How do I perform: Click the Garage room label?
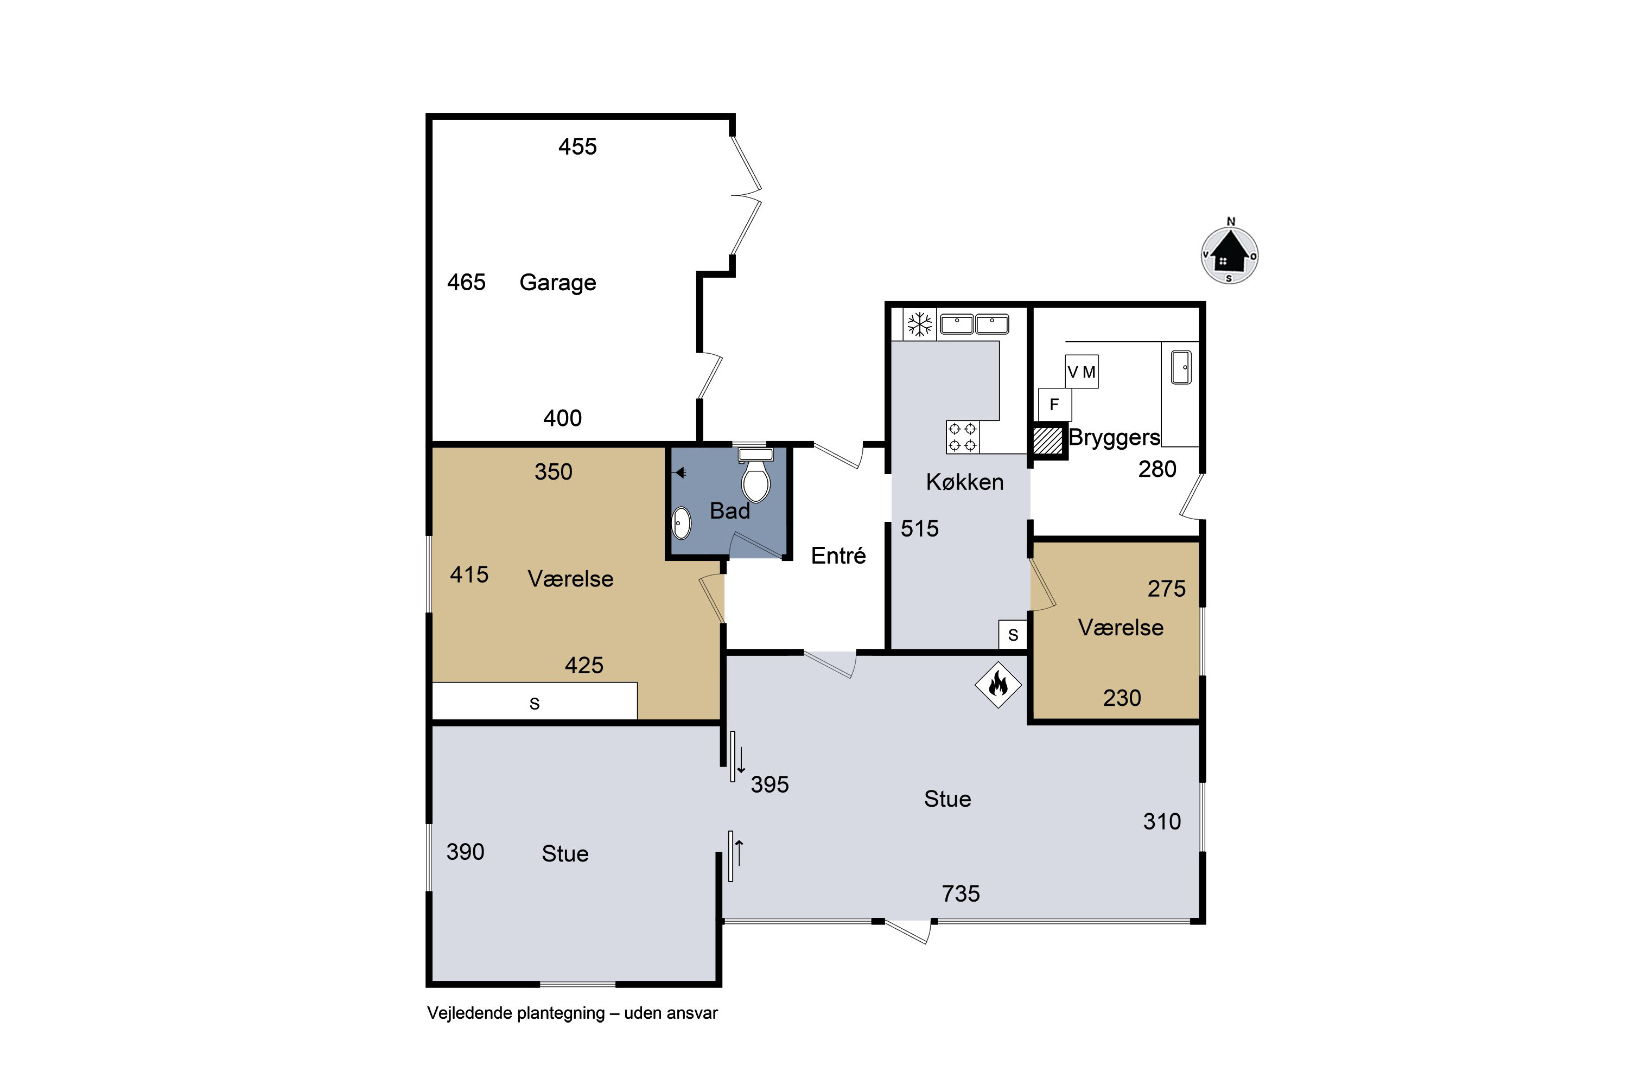(x=557, y=282)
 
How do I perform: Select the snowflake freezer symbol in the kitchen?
(x=920, y=324)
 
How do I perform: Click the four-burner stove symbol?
(x=962, y=437)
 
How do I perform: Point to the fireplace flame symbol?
(x=998, y=685)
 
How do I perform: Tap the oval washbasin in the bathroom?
(x=682, y=522)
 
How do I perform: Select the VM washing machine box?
(x=1081, y=372)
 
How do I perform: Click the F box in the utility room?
(x=1054, y=405)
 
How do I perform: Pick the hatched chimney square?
(x=1047, y=440)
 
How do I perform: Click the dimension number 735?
(x=960, y=894)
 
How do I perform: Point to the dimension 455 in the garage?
(x=577, y=146)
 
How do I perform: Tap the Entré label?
(x=838, y=556)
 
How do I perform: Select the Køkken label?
(x=965, y=482)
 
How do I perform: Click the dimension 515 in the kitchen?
(x=919, y=528)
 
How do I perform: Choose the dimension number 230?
(x=1122, y=698)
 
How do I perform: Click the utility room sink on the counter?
(x=1181, y=367)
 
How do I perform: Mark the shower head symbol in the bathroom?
(x=680, y=473)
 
